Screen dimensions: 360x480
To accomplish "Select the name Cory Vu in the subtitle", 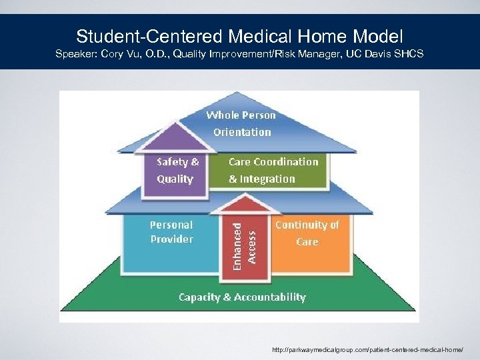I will [x=119, y=53].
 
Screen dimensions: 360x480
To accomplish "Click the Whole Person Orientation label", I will [x=241, y=123].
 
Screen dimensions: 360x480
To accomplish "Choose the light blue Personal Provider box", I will [x=171, y=243].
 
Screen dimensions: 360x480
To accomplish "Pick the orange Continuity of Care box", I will [x=307, y=243].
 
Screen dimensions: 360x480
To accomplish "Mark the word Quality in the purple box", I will [x=175, y=179].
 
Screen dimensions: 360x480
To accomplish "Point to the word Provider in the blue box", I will [x=171, y=239].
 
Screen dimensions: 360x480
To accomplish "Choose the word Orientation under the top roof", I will [x=242, y=132].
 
